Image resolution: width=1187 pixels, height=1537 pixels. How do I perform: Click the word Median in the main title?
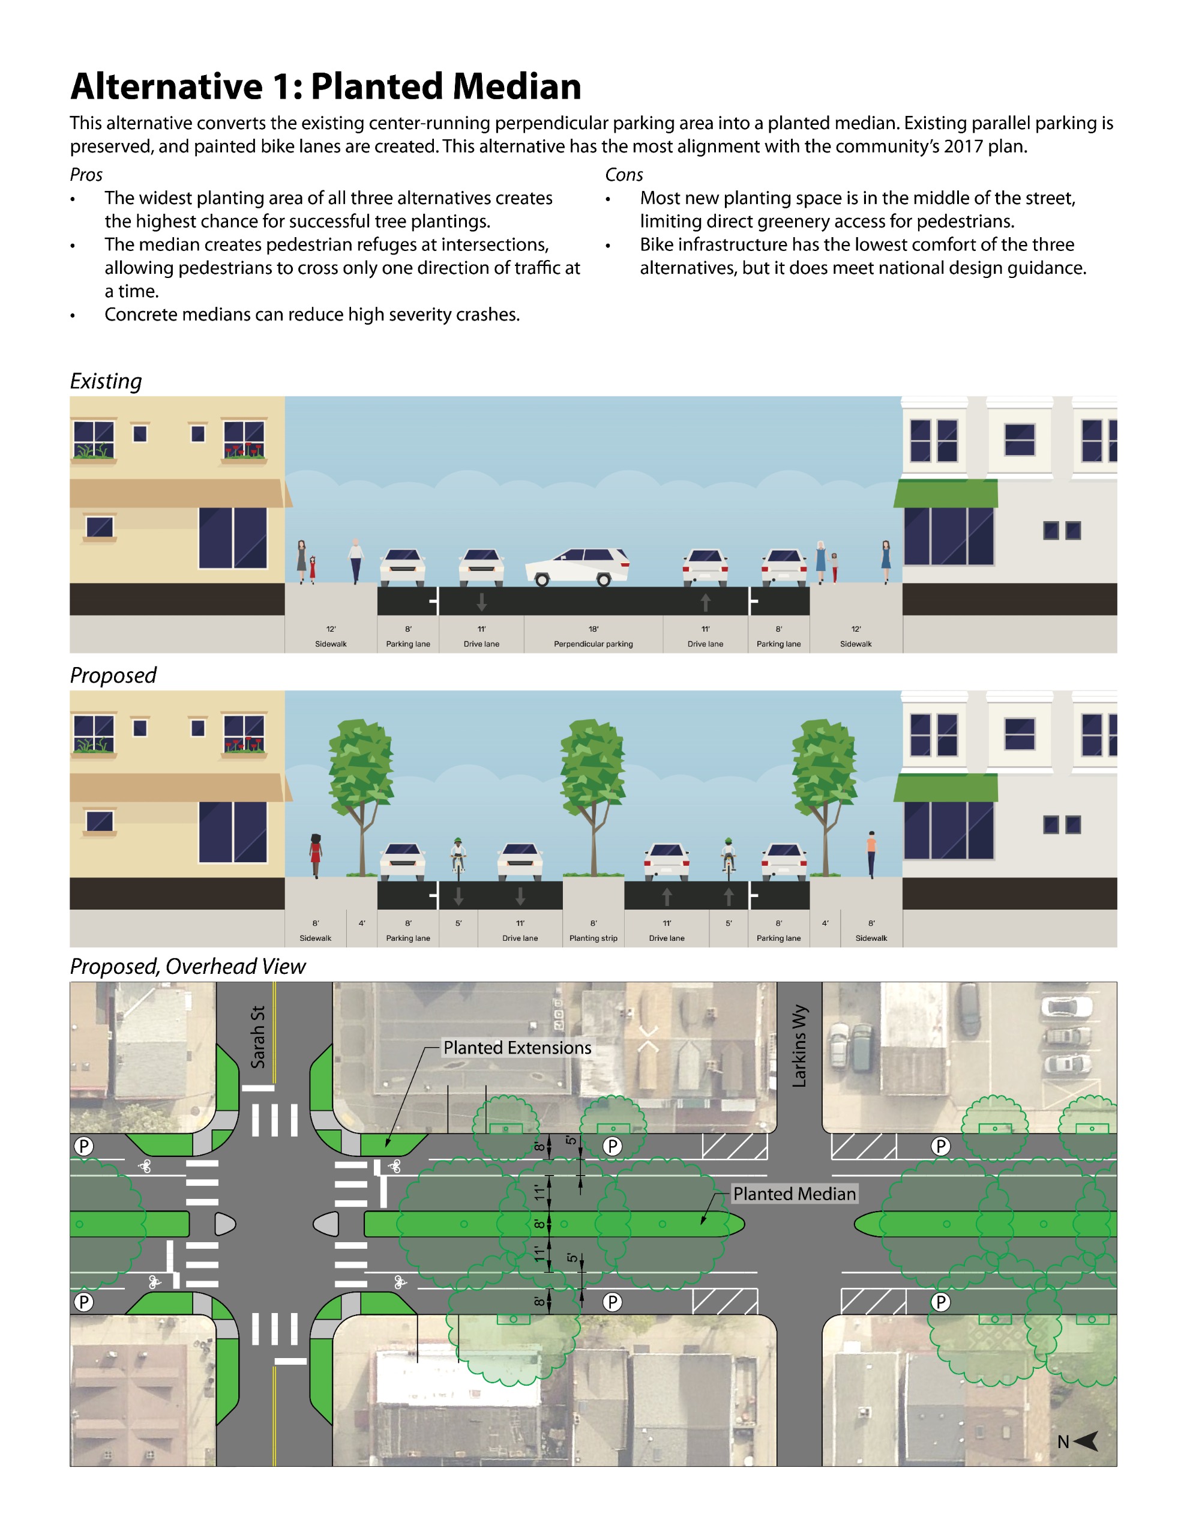click(x=517, y=86)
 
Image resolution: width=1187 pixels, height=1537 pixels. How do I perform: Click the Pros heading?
click(x=86, y=175)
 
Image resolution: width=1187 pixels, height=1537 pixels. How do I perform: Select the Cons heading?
click(x=624, y=175)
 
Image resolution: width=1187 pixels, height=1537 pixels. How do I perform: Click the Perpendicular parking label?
click(x=593, y=644)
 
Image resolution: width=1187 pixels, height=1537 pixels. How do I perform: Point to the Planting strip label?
click(x=593, y=938)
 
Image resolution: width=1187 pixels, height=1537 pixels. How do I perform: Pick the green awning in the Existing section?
click(x=946, y=494)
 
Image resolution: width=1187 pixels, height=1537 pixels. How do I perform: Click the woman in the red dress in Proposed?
click(x=316, y=855)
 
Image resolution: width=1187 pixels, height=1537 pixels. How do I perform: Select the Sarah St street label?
click(x=258, y=1037)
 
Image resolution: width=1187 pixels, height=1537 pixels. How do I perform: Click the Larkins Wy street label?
click(x=800, y=1046)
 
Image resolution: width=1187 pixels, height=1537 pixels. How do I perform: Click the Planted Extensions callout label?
click(x=517, y=1048)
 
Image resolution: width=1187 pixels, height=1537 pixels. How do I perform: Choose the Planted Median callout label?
click(x=795, y=1194)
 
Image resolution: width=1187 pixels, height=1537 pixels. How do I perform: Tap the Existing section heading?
click(x=106, y=381)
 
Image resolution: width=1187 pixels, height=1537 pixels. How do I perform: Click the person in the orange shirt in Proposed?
click(x=872, y=854)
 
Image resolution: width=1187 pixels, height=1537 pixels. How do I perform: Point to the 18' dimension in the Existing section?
click(x=593, y=629)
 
